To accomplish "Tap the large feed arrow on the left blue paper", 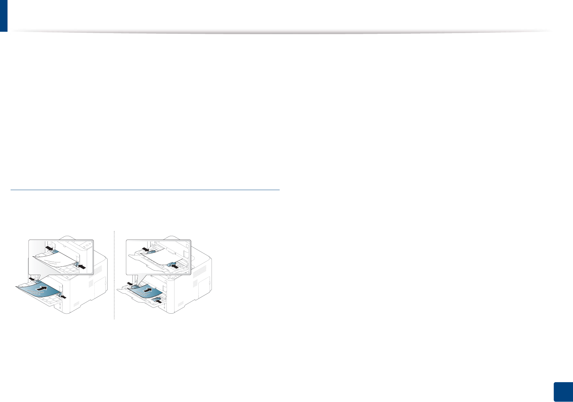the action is (x=42, y=290).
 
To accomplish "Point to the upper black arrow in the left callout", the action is (x=49, y=247).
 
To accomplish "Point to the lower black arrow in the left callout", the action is (x=82, y=267).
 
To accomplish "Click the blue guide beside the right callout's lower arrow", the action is (x=171, y=263).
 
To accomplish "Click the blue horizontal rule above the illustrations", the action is (x=145, y=190).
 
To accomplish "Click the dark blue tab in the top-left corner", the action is (x=3, y=16).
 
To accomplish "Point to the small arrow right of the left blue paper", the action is (x=63, y=297).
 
